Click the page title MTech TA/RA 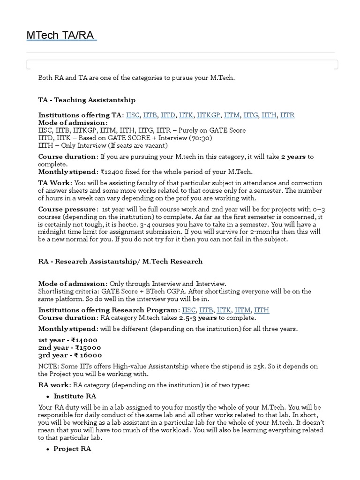(61, 36)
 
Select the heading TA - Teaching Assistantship (87, 100)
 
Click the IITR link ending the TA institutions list (287, 115)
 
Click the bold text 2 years (293, 157)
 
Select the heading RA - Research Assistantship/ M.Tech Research (120, 262)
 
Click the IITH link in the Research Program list (262, 310)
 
